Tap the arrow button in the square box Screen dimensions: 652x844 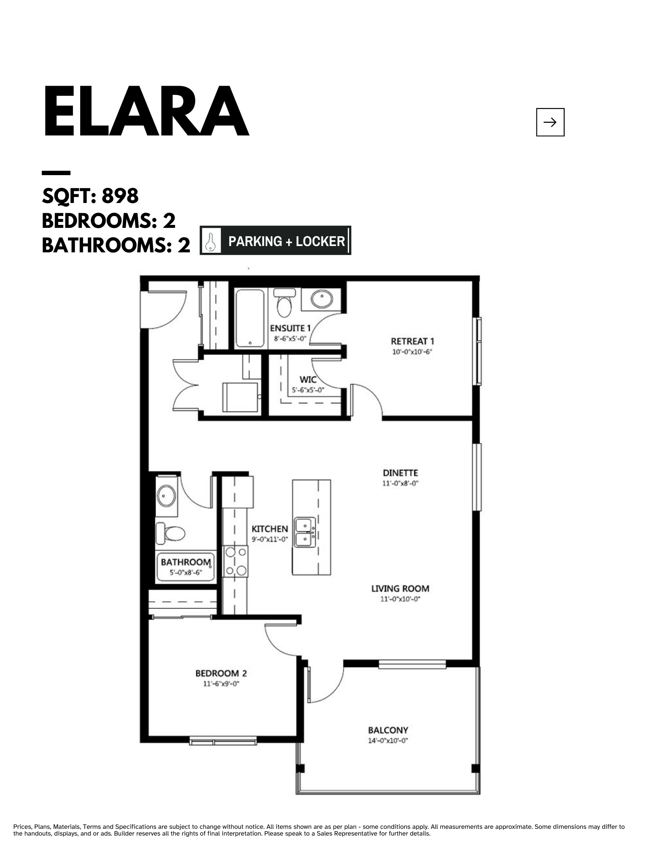[x=550, y=122]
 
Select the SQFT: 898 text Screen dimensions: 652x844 [x=90, y=196]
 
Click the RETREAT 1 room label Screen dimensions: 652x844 [x=412, y=341]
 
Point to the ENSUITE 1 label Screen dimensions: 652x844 [x=290, y=328]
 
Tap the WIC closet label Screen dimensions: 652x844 [x=308, y=379]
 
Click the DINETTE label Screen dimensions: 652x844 [x=400, y=473]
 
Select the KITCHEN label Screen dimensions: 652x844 [x=270, y=529]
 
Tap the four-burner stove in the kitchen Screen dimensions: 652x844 [x=235, y=561]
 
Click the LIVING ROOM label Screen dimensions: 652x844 [x=400, y=588]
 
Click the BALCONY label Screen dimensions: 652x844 [x=388, y=730]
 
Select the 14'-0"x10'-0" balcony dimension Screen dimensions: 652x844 [x=388, y=741]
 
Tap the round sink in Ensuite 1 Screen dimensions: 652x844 [x=322, y=299]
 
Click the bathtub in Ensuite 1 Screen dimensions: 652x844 [x=250, y=318]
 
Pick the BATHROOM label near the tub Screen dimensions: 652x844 [x=186, y=562]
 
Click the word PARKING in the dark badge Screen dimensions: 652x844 [x=255, y=241]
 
